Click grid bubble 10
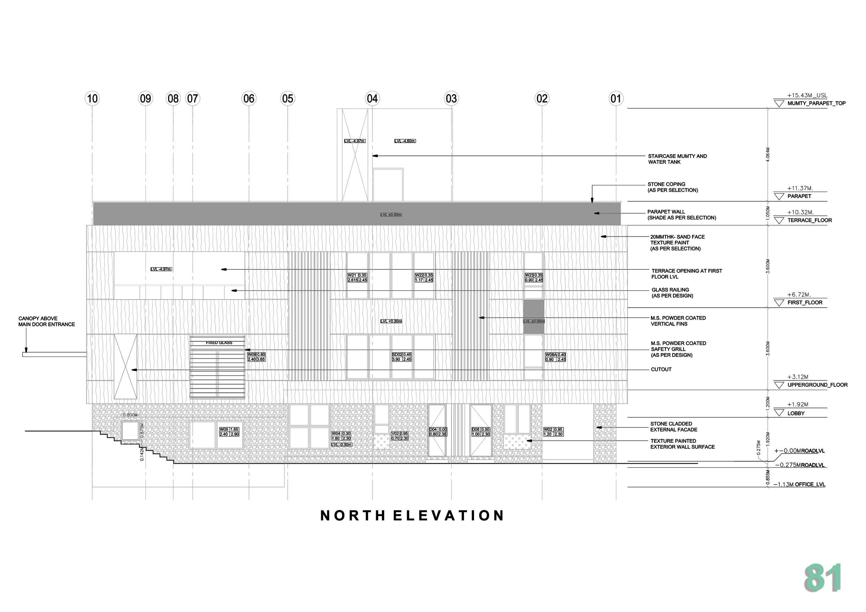point(92,99)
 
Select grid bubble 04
point(372,99)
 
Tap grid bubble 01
point(616,99)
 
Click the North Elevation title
point(412,515)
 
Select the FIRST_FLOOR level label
point(805,303)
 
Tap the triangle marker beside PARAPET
point(779,196)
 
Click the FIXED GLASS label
point(219,343)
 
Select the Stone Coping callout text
point(673,187)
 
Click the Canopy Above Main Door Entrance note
point(46,321)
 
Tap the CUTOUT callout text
point(661,370)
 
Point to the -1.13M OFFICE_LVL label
point(799,485)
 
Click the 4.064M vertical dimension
point(768,155)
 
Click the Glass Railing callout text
point(672,293)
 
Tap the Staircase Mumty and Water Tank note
point(677,159)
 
